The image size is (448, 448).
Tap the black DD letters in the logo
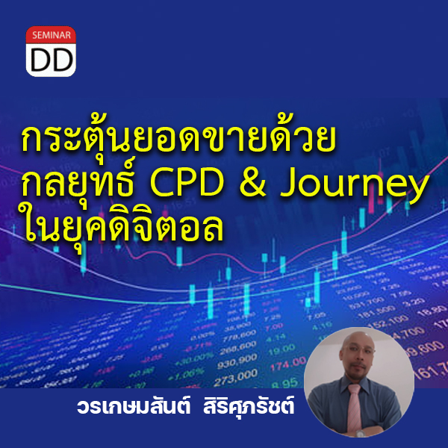pyautogui.click(x=52, y=59)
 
